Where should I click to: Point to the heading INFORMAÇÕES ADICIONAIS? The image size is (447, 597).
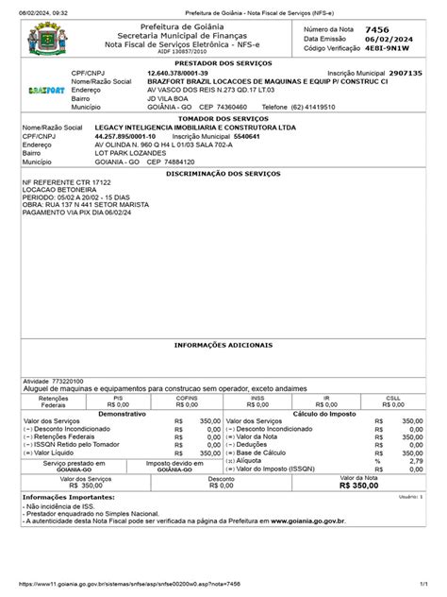click(223, 346)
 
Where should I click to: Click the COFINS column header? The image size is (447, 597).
click(175, 400)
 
